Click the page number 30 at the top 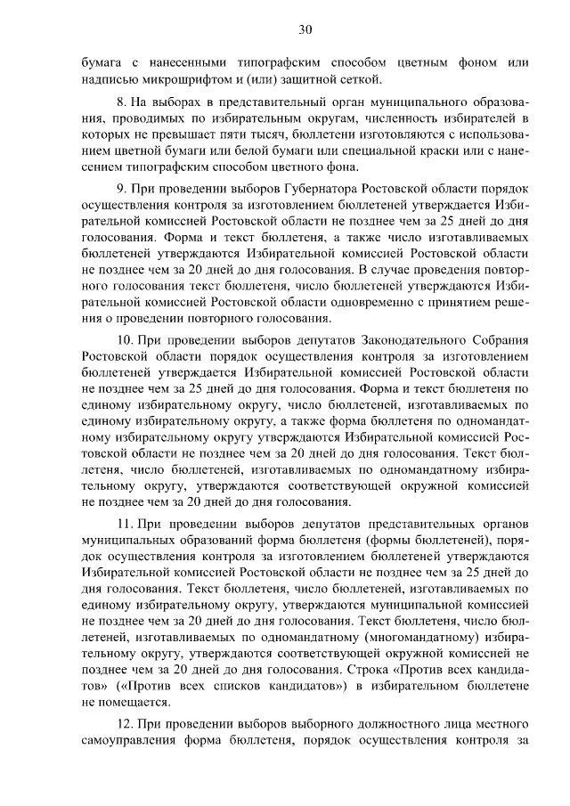click(x=305, y=29)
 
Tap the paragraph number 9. click(x=123, y=190)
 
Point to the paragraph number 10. click(x=126, y=342)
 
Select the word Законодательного click(x=408, y=342)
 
